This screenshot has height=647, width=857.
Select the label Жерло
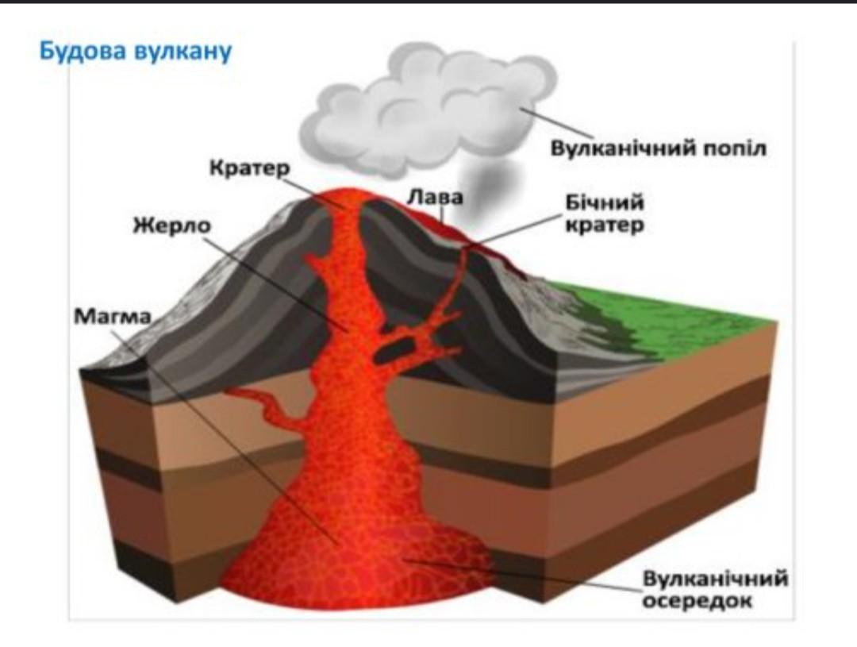coord(171,225)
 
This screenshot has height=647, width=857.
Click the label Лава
coord(435,196)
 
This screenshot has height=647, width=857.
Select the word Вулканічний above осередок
coord(714,579)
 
